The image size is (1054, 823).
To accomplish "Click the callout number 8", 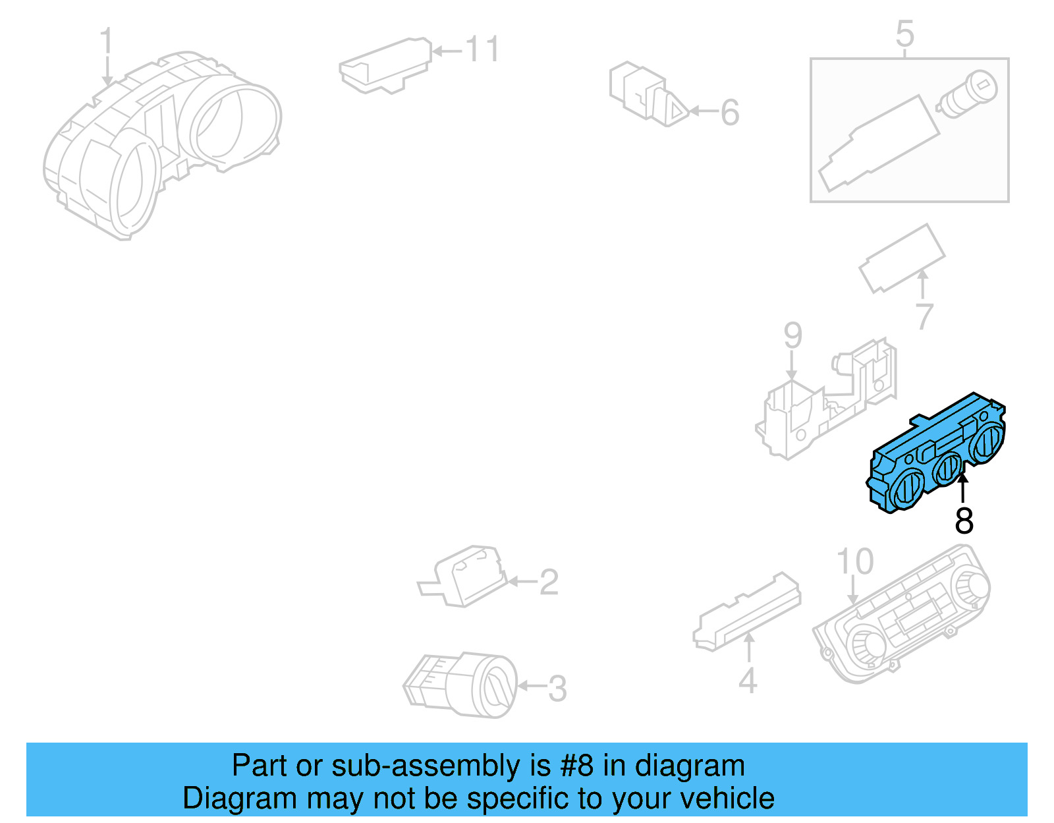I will (x=964, y=521).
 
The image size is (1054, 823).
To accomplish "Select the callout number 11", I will (x=482, y=49).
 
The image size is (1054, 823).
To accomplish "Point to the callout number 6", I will (x=730, y=112).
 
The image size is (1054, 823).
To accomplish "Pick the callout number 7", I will (x=924, y=316).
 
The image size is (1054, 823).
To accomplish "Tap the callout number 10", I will (x=854, y=561).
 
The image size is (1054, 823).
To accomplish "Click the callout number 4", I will (x=748, y=681).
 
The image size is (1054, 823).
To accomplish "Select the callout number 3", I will (x=557, y=689).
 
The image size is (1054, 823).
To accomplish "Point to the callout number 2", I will (x=549, y=582).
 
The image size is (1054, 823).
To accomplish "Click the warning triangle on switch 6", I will (x=676, y=110).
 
